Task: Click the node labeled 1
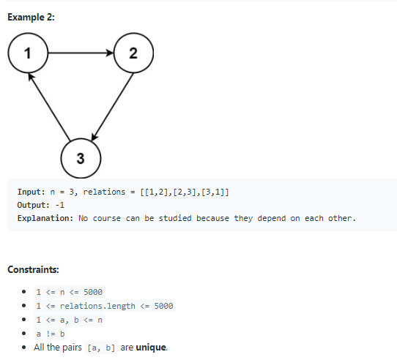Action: click(27, 53)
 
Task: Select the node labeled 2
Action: click(133, 53)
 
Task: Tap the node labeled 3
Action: click(80, 159)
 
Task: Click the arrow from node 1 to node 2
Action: click(80, 53)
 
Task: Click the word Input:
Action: click(33, 192)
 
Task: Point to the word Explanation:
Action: click(45, 218)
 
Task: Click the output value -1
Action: click(60, 205)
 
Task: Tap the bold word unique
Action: click(152, 347)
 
